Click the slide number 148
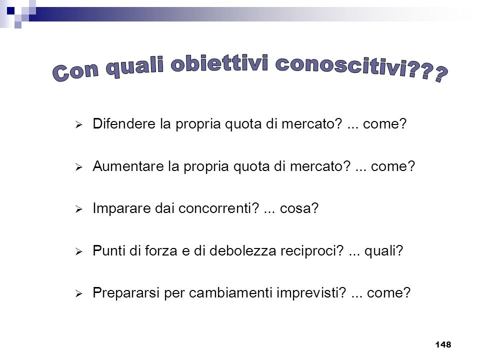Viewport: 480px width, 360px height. (443, 344)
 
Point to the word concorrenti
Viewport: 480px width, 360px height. (218, 208)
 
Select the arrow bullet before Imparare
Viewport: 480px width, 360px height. (78, 209)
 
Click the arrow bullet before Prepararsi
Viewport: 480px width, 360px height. (78, 294)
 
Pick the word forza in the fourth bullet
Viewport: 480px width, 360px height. (160, 250)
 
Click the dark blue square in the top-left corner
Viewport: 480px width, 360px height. (10, 10)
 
